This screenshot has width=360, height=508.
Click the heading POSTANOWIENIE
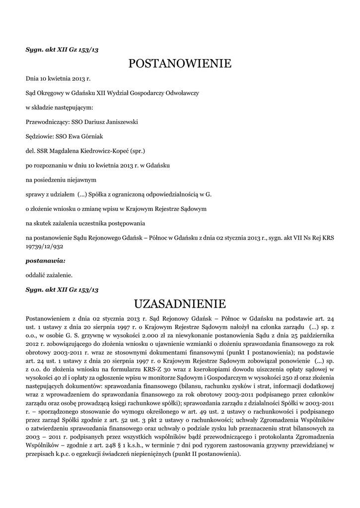180,63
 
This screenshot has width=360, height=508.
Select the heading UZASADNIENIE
180,303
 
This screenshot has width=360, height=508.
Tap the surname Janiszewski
119,121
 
